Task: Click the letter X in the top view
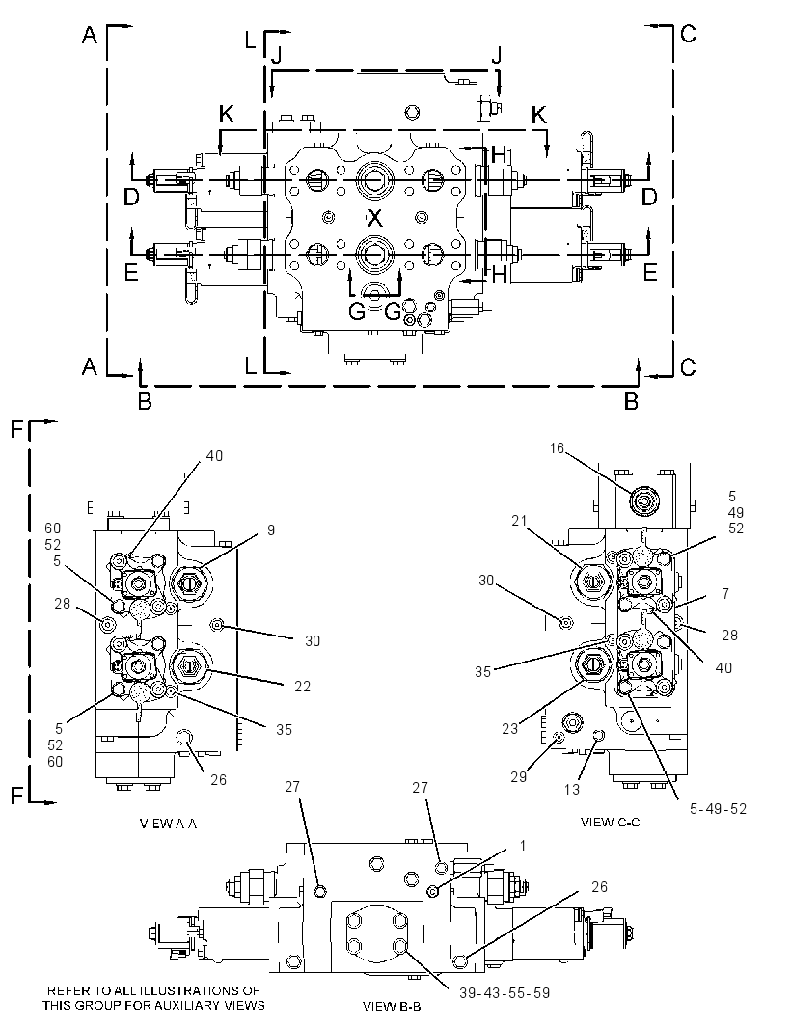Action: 374,216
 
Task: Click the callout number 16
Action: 557,448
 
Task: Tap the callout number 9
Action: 271,529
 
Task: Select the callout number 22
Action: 302,686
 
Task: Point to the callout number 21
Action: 520,520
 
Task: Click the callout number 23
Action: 509,728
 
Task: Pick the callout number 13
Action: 573,790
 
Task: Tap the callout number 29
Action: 519,777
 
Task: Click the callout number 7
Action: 725,593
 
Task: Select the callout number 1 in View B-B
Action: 523,846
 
